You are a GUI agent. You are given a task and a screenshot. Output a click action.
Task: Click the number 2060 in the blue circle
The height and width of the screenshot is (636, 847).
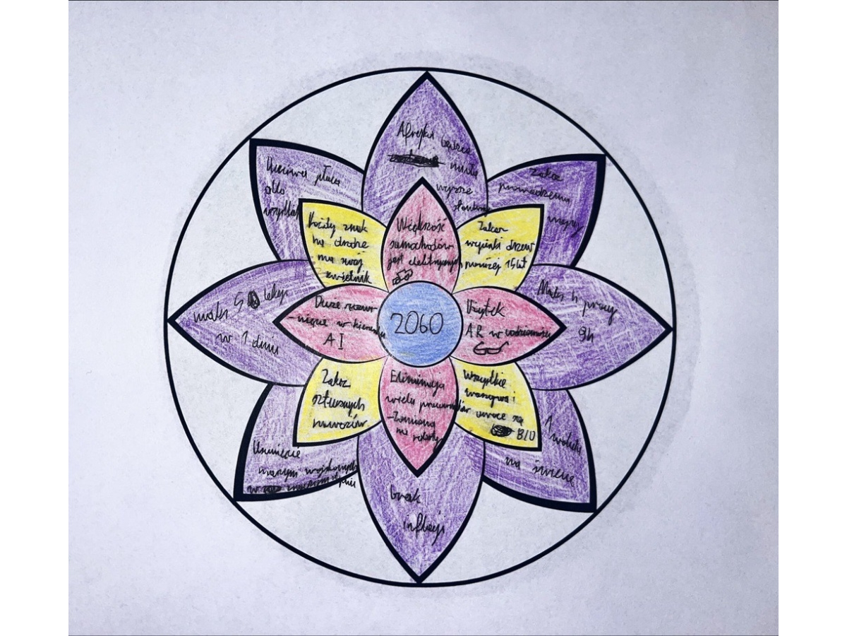417,324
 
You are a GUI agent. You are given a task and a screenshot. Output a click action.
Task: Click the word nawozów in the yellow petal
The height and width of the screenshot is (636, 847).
340,422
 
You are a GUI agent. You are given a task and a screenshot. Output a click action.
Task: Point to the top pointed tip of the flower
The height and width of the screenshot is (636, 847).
425,73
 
